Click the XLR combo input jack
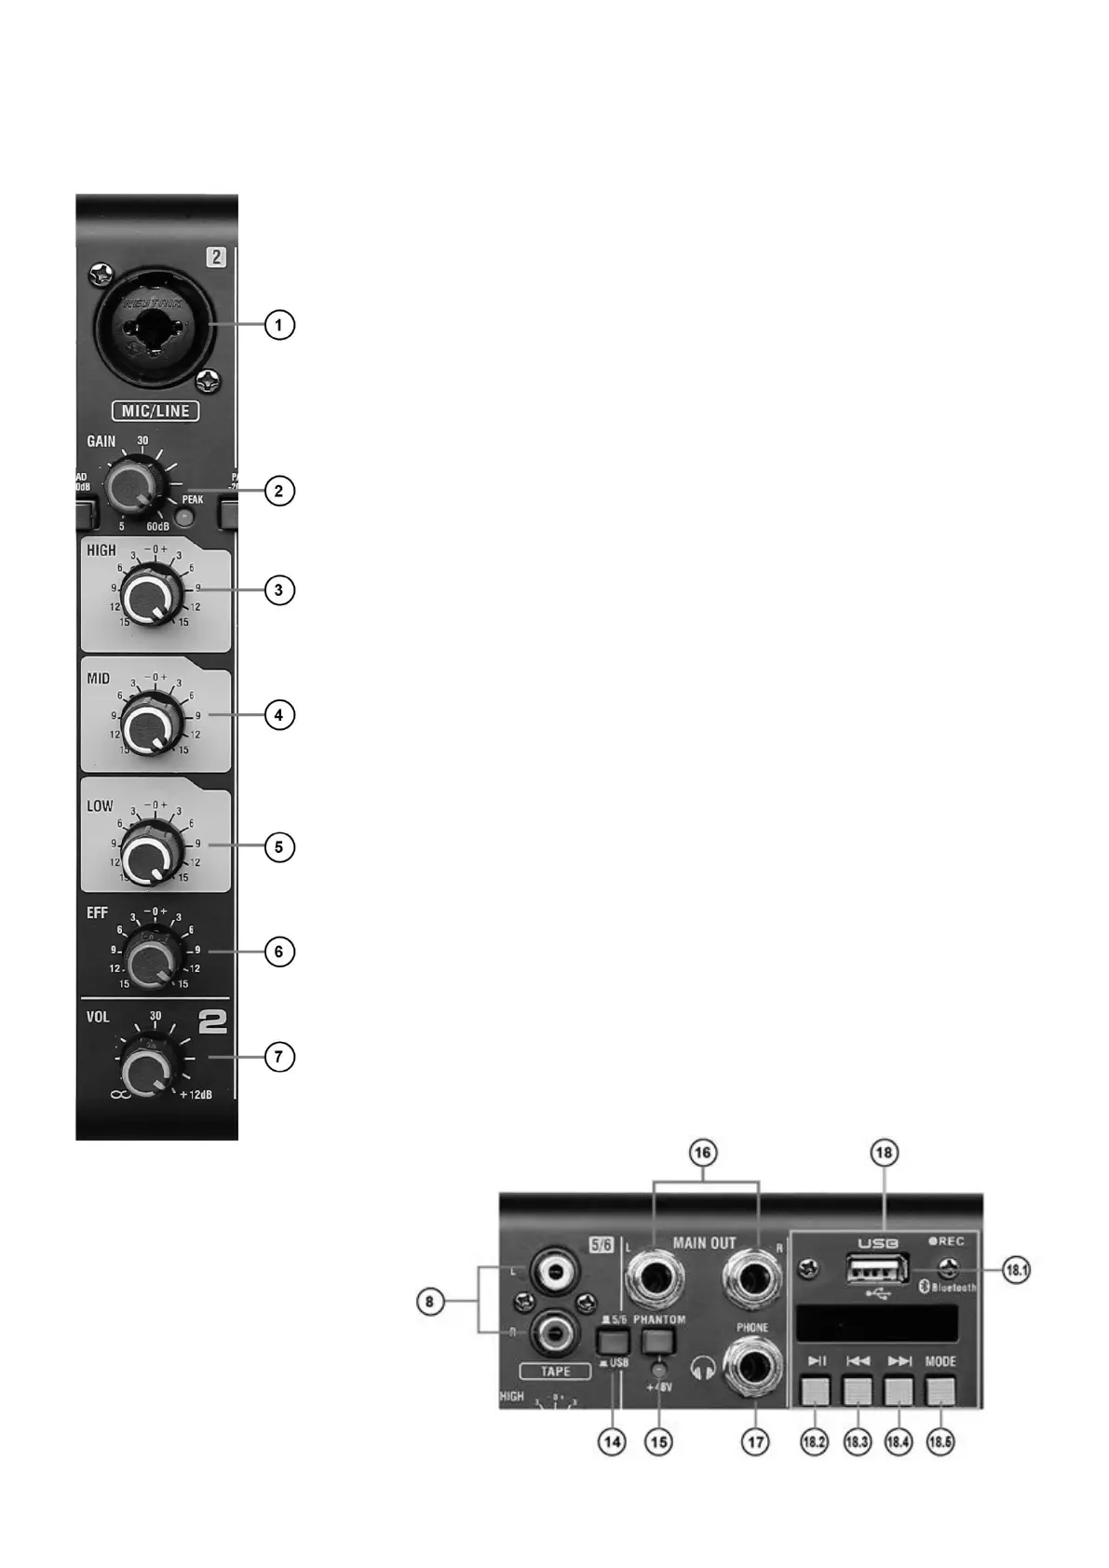[x=154, y=326]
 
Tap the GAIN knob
[x=133, y=488]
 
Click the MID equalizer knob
[x=149, y=723]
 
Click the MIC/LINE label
[x=156, y=411]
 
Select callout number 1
[x=279, y=325]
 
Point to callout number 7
[x=279, y=1057]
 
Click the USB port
[x=877, y=1270]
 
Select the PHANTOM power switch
[x=658, y=1342]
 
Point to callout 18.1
[x=1016, y=1269]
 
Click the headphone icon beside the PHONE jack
[x=705, y=1367]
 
